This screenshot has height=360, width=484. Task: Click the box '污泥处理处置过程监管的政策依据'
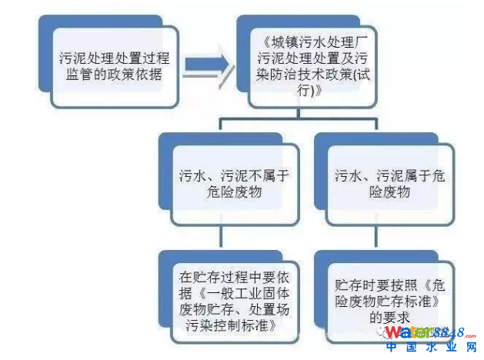[x=115, y=67]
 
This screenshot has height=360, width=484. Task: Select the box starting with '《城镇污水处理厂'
[x=312, y=67]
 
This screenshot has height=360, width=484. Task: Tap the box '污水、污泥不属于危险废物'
[x=235, y=184]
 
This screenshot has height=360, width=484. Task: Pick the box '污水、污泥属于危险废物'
[x=390, y=184]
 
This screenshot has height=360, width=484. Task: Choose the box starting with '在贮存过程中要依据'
[x=235, y=302]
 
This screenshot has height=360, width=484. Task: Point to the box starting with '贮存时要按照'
[x=390, y=302]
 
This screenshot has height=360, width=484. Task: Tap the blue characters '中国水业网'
[x=432, y=347]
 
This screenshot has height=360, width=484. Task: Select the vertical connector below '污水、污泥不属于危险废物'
[x=221, y=236]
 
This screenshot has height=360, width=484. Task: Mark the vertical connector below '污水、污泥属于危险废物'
[x=376, y=236]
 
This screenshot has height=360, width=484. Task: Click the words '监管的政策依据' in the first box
[x=114, y=75]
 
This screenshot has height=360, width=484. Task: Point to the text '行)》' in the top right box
[x=309, y=91]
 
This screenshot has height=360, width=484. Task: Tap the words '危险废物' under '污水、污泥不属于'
[x=235, y=192]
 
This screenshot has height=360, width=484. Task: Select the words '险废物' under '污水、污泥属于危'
[x=390, y=192]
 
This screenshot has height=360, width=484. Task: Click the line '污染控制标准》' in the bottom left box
[x=231, y=325]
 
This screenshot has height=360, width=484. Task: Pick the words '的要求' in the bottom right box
[x=390, y=318]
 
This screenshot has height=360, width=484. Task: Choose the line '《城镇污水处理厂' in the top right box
[x=313, y=42]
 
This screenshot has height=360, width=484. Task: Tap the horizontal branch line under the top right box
[x=299, y=119]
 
